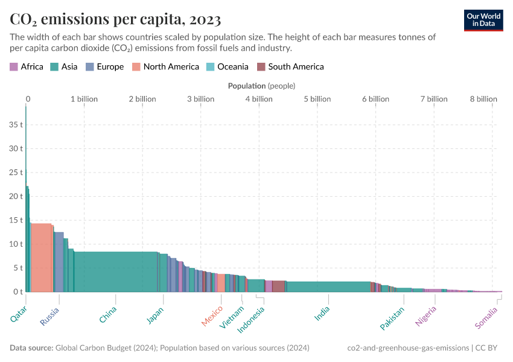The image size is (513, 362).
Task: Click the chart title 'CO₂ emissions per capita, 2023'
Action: (x=115, y=19)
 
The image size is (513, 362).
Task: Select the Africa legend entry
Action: (x=27, y=67)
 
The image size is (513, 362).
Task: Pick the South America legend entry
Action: (x=290, y=67)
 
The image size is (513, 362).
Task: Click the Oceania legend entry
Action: (x=227, y=67)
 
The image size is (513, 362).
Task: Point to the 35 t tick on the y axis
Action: (x=15, y=125)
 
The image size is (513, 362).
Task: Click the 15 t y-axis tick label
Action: (x=15, y=220)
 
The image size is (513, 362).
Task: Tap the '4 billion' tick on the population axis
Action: (x=258, y=99)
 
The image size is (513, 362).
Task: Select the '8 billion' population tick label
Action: (x=483, y=99)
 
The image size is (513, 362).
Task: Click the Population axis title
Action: (x=261, y=86)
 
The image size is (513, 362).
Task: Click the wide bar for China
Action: (x=115, y=271)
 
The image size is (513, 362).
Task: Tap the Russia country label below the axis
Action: (x=49, y=316)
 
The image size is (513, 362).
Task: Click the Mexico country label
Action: (x=212, y=316)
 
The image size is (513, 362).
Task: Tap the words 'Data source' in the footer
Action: (x=31, y=348)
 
